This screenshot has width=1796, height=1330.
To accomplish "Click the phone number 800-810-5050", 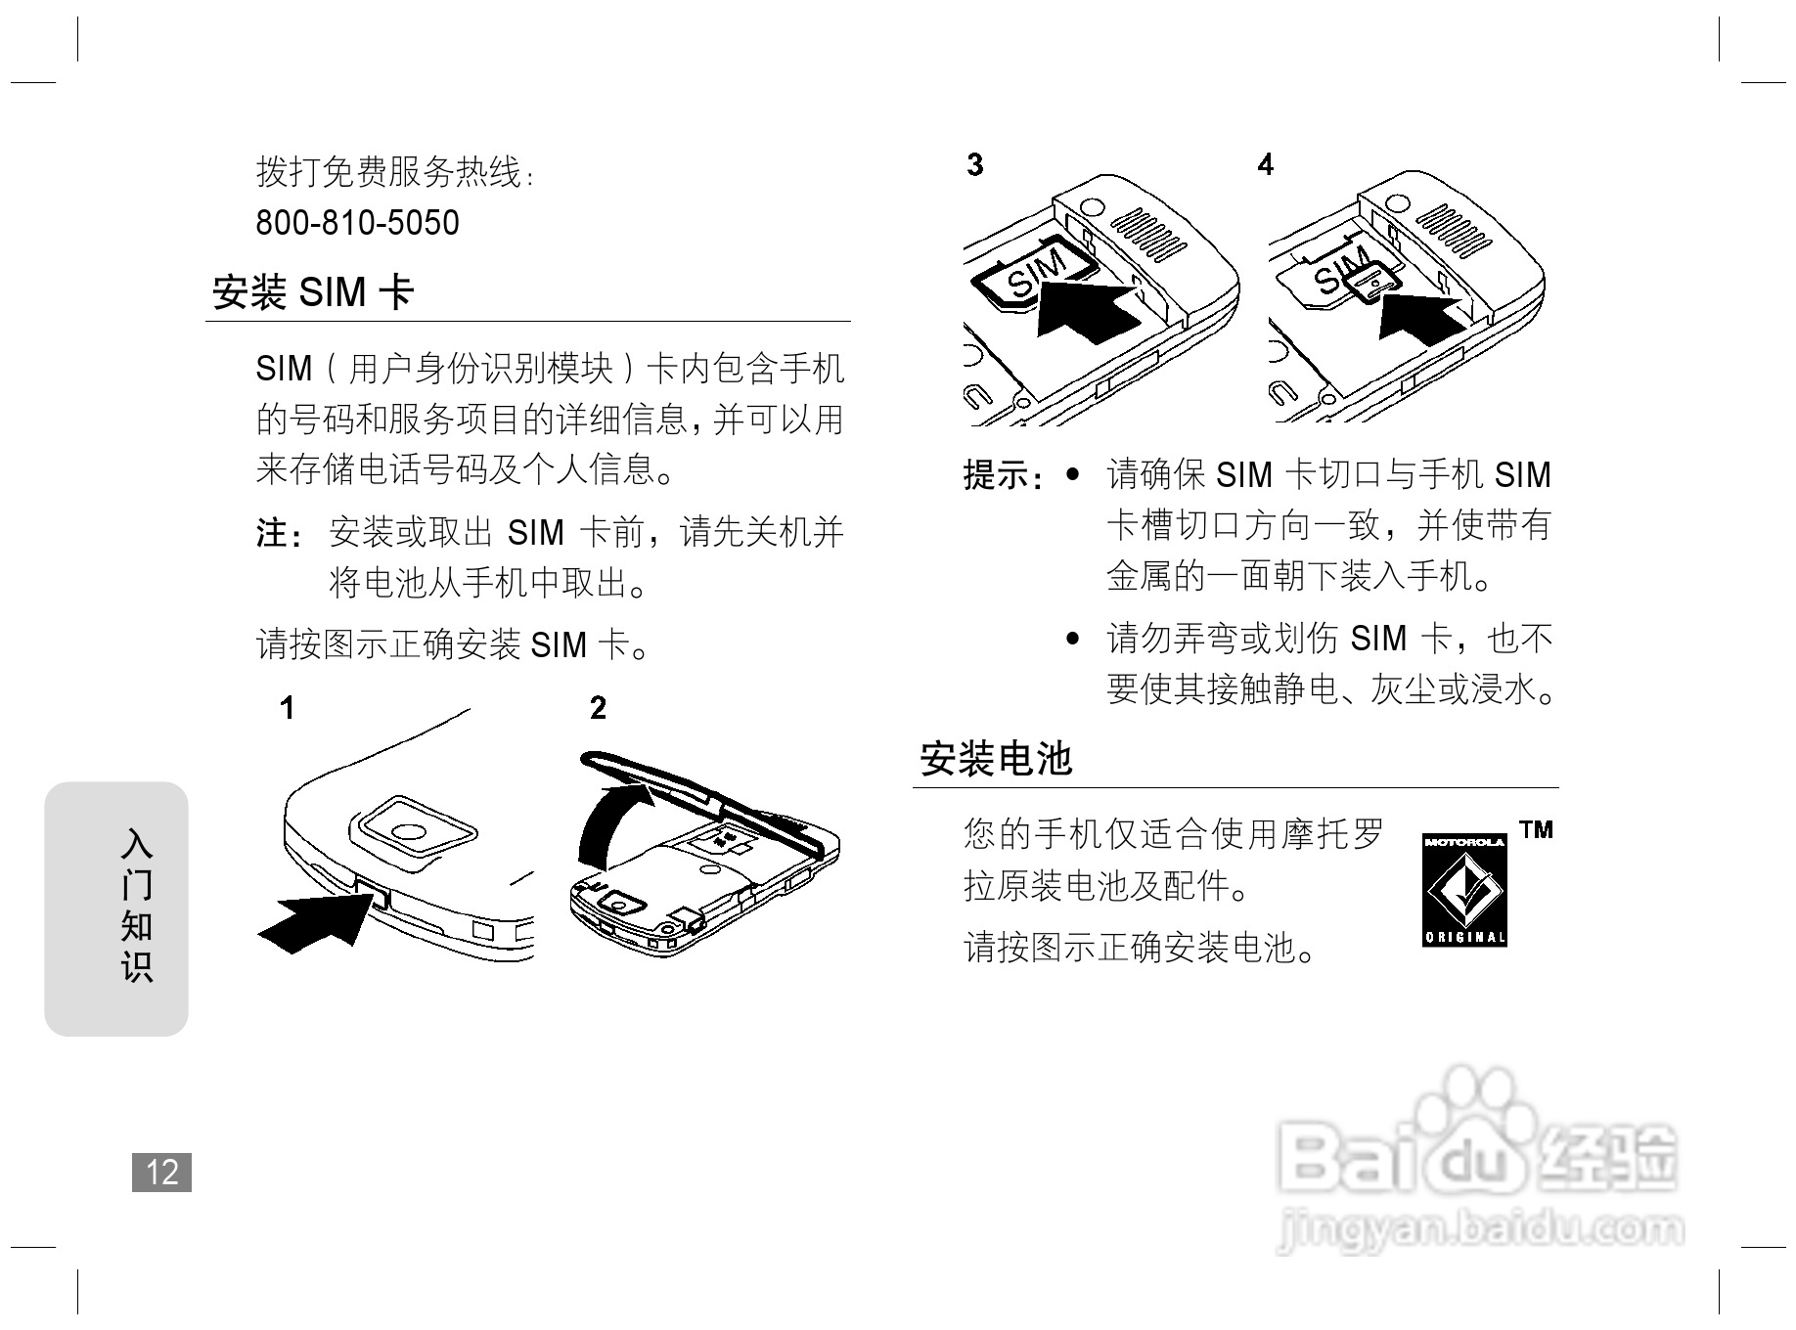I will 357,223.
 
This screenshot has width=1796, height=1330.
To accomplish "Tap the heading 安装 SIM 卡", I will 313,292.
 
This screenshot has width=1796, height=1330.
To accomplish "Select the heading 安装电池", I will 996,759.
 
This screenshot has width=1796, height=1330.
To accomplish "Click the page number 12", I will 161,1172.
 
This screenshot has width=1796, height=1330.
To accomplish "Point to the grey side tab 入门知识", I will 116,908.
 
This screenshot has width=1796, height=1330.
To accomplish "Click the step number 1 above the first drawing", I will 287,708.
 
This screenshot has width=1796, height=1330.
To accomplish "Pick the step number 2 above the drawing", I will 598,708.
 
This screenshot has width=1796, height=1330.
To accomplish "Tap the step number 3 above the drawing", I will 974,164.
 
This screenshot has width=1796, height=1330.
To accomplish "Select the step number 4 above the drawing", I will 1266,164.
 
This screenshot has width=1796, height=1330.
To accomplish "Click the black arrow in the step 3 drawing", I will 1086,311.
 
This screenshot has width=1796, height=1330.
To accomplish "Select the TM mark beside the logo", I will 1536,830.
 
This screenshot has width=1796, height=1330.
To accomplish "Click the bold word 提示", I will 995,476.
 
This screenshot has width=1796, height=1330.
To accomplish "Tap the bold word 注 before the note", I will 273,534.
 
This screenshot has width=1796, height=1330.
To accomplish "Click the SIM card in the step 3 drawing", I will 1033,275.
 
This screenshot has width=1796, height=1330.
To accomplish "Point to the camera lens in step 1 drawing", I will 410,832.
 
